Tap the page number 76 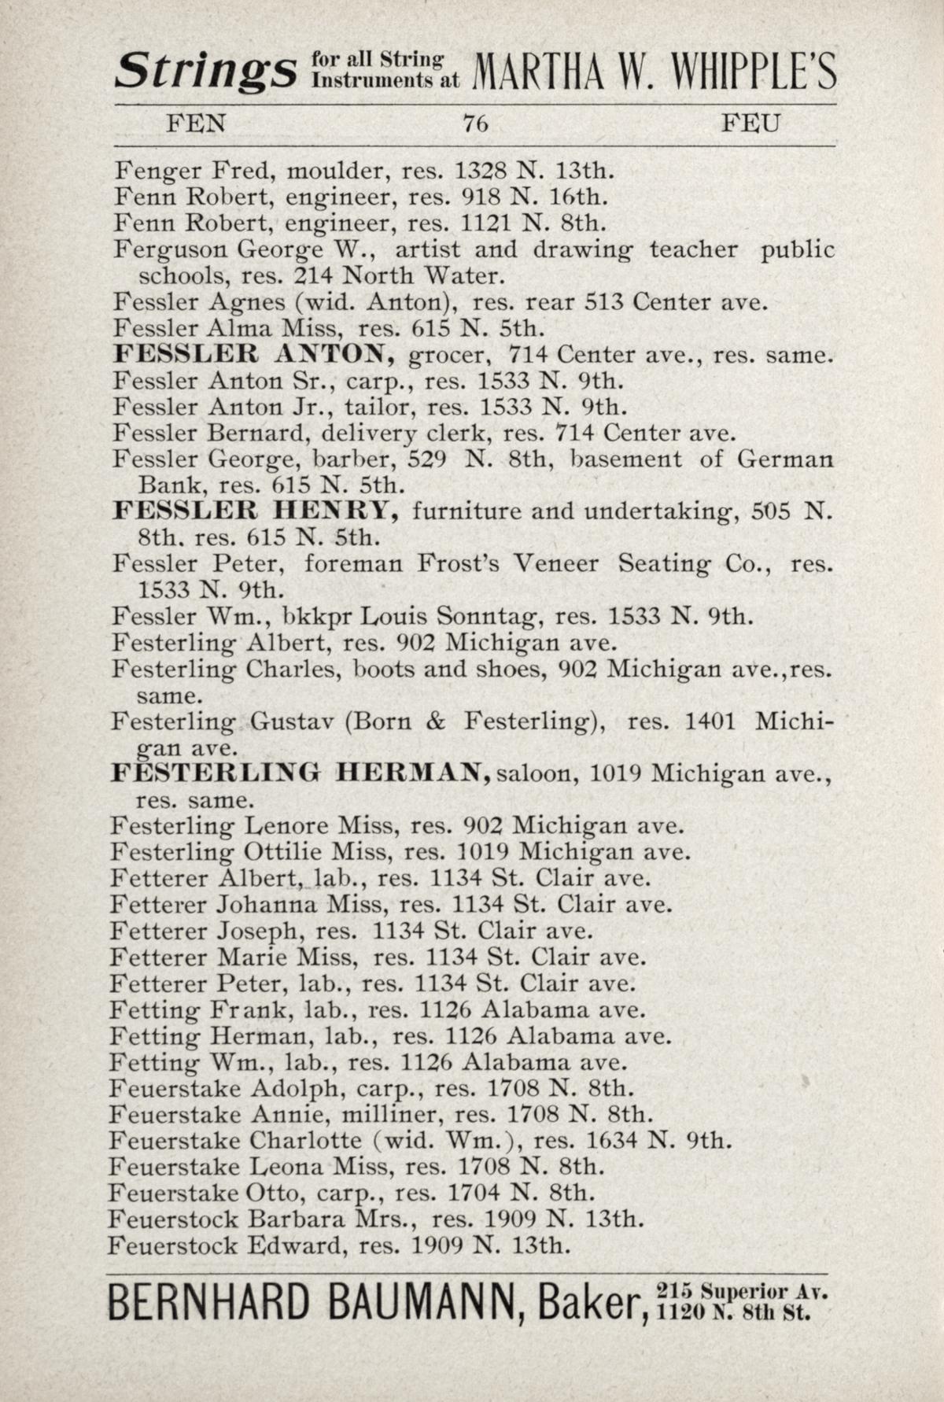(476, 124)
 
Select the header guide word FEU (752, 124)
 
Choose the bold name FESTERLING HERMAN (301, 773)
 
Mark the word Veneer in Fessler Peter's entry (555, 564)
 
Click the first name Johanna (267, 905)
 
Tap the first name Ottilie (283, 852)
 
